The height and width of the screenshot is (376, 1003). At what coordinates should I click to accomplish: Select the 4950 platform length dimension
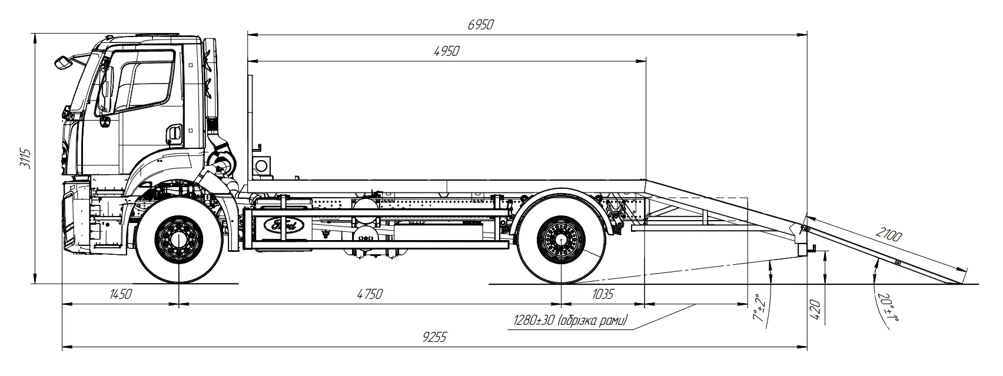click(x=446, y=51)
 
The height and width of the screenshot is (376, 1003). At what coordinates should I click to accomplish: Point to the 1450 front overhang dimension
click(x=120, y=294)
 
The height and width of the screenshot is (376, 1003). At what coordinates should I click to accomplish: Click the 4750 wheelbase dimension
click(x=369, y=294)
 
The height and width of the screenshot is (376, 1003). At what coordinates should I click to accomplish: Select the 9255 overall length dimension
click(x=434, y=337)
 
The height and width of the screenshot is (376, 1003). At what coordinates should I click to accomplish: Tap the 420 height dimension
click(x=815, y=308)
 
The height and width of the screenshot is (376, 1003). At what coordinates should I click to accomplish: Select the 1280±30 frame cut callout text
click(x=570, y=321)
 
